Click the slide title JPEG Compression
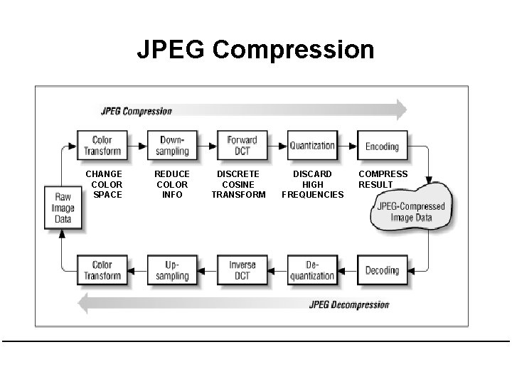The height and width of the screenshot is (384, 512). (255, 50)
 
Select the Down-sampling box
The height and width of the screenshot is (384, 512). (172, 146)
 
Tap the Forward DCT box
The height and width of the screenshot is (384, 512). (242, 146)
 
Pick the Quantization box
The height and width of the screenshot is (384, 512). (311, 146)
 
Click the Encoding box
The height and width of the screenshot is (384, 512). (382, 146)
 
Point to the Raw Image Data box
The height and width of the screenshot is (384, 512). (63, 208)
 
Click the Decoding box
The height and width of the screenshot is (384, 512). (382, 270)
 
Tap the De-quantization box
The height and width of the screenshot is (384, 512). (311, 270)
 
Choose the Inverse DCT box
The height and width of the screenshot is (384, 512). (242, 270)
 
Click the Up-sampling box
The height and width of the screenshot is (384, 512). (172, 270)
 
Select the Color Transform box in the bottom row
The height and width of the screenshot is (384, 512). (102, 270)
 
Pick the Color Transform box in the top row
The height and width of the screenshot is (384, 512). (102, 146)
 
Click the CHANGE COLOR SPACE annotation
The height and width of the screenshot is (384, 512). (103, 184)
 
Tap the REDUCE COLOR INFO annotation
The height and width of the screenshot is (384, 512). (171, 184)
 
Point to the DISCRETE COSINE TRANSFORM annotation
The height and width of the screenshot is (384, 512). (238, 184)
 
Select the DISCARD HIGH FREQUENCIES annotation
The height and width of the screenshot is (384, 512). (312, 184)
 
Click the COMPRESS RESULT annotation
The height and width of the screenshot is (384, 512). (383, 179)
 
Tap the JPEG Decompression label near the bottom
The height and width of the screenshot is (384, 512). (349, 305)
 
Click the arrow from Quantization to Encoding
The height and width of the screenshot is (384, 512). (347, 146)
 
